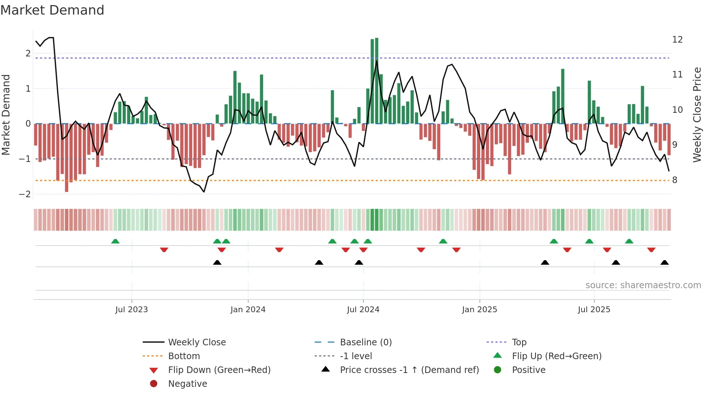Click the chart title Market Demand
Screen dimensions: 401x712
pyautogui.click(x=52, y=10)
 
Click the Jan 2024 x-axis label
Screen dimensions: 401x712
pyautogui.click(x=248, y=310)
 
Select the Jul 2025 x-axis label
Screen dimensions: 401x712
pyautogui.click(x=594, y=310)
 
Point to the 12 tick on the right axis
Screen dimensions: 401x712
pyautogui.click(x=677, y=40)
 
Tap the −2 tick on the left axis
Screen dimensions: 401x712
pyautogui.click(x=25, y=194)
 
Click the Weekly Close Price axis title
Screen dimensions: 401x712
pyautogui.click(x=697, y=115)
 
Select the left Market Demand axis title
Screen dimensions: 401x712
pyautogui.click(x=6, y=115)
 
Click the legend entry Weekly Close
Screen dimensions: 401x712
pyautogui.click(x=197, y=342)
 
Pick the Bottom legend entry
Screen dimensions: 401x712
pyautogui.click(x=184, y=356)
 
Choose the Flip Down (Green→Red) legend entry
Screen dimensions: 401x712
pyautogui.click(x=219, y=370)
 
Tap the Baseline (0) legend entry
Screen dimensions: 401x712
pyautogui.click(x=365, y=342)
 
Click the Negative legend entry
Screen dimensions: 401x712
pyautogui.click(x=187, y=384)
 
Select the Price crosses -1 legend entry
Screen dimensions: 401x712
pyautogui.click(x=409, y=370)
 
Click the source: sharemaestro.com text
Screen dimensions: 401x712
pyautogui.click(x=643, y=285)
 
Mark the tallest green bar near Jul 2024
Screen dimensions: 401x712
pyautogui.click(x=377, y=80)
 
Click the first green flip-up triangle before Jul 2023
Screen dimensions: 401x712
pyautogui.click(x=115, y=241)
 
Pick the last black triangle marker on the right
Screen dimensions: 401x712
pyautogui.click(x=664, y=263)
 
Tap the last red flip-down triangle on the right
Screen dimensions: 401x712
pyautogui.click(x=651, y=250)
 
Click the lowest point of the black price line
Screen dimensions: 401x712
pyautogui.click(x=204, y=192)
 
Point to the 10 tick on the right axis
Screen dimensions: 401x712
pyautogui.click(x=677, y=110)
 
